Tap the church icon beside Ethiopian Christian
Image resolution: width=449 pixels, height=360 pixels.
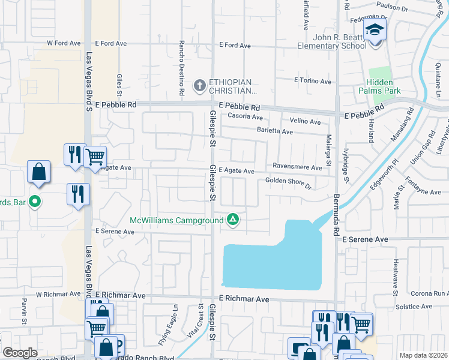(200, 86)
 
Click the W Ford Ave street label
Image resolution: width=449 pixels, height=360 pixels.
(64, 43)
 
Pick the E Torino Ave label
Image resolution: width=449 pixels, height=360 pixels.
(312, 81)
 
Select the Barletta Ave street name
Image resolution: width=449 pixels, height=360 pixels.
(275, 131)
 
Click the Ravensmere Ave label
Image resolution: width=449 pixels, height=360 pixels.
(297, 167)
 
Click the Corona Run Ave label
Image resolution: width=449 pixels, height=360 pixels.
(429, 294)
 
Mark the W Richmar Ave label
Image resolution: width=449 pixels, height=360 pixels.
(58, 295)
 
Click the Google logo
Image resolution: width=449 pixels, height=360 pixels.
(20, 353)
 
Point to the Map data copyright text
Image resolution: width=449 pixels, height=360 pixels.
(423, 355)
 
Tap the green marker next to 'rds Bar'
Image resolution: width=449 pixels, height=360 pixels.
(35, 202)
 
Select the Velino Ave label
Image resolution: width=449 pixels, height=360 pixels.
(306, 121)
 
